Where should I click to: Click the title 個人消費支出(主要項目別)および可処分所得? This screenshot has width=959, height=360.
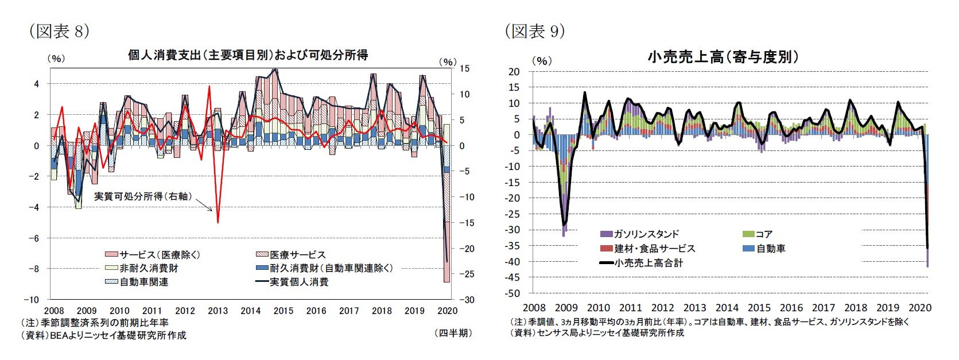click(247, 55)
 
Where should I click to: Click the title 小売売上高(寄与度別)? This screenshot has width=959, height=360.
click(723, 57)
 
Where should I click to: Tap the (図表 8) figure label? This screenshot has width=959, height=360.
click(59, 31)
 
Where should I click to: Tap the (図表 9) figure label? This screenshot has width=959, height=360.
click(534, 31)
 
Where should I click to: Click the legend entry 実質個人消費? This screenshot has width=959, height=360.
click(299, 282)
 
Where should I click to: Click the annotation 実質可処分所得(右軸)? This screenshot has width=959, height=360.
click(143, 196)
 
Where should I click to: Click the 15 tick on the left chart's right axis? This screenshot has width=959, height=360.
click(464, 68)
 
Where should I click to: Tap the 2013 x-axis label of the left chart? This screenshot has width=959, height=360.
click(218, 311)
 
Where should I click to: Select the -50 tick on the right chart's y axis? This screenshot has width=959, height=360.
click(514, 293)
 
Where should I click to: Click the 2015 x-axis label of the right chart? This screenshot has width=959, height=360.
click(759, 308)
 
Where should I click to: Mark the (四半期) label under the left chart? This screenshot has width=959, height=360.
click(453, 333)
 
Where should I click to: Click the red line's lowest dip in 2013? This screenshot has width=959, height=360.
click(218, 222)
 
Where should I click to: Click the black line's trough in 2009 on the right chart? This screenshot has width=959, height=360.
click(564, 224)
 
